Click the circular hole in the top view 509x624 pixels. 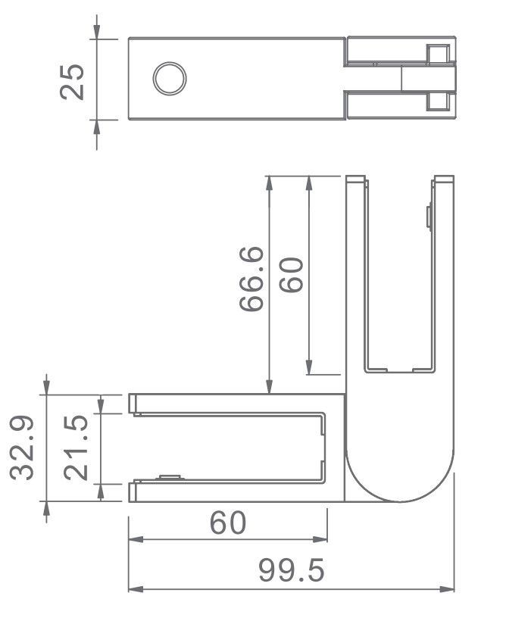point(170,79)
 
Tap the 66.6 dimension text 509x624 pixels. point(251,279)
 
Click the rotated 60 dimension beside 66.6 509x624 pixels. point(291,275)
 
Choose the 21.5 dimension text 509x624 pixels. point(77,447)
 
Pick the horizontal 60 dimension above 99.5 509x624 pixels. point(228,523)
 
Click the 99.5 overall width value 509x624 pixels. point(292,570)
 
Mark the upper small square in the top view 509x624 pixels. point(437,55)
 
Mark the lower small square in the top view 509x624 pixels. point(437,101)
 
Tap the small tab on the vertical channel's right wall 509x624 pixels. point(429,217)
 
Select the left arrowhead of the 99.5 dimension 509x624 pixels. point(135,589)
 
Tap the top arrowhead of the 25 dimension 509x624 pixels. point(97,32)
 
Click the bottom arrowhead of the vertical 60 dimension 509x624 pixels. point(309,367)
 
